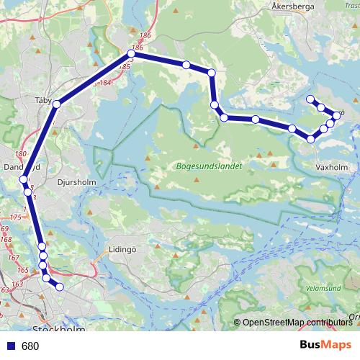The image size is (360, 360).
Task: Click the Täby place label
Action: pos(44,102)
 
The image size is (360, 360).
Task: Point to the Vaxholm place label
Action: pos(331,167)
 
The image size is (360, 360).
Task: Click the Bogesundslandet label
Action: pos(208,165)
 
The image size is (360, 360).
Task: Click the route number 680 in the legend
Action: pos(30,346)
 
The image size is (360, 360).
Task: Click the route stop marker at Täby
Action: pos(56,104)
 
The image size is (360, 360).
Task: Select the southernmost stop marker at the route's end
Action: pos(60,287)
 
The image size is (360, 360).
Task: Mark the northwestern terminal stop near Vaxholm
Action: pos(310,99)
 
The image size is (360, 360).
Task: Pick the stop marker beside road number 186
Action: pos(131,53)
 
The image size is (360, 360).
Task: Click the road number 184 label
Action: pos(106,83)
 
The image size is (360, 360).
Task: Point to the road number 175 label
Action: pos(16,217)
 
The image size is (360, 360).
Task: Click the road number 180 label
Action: pos(19,154)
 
